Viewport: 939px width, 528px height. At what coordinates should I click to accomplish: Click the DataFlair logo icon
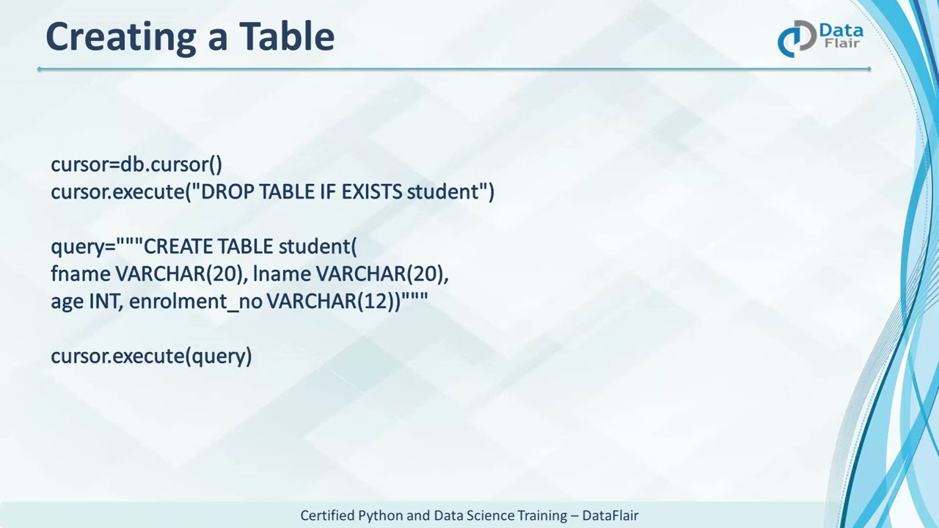point(796,38)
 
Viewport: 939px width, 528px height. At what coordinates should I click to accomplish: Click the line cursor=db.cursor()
point(136,164)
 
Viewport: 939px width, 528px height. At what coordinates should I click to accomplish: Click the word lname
point(282,274)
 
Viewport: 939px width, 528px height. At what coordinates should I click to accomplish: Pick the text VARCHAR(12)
point(333,301)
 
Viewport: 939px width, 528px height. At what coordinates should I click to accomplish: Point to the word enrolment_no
point(195,301)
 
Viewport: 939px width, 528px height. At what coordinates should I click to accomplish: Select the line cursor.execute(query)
point(151,356)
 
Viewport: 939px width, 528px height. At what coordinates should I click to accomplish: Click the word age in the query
point(67,302)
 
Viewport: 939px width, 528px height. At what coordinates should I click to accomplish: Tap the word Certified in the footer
point(327,516)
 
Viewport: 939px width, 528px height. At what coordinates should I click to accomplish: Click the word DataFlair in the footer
point(610,516)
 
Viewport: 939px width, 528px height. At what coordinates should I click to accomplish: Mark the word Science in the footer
point(488,516)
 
